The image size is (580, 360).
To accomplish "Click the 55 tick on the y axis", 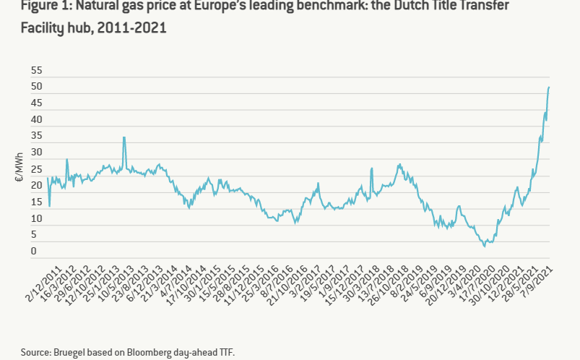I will [x=36, y=71].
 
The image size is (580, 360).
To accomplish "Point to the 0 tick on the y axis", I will [x=34, y=252].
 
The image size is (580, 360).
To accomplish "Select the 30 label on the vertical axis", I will [x=36, y=153].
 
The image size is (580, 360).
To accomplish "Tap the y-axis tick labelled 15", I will [x=36, y=202].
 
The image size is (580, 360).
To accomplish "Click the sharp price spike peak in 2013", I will [x=124, y=137].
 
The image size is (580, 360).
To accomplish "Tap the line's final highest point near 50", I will [x=549, y=87].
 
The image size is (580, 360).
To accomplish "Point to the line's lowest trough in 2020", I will [x=485, y=246].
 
